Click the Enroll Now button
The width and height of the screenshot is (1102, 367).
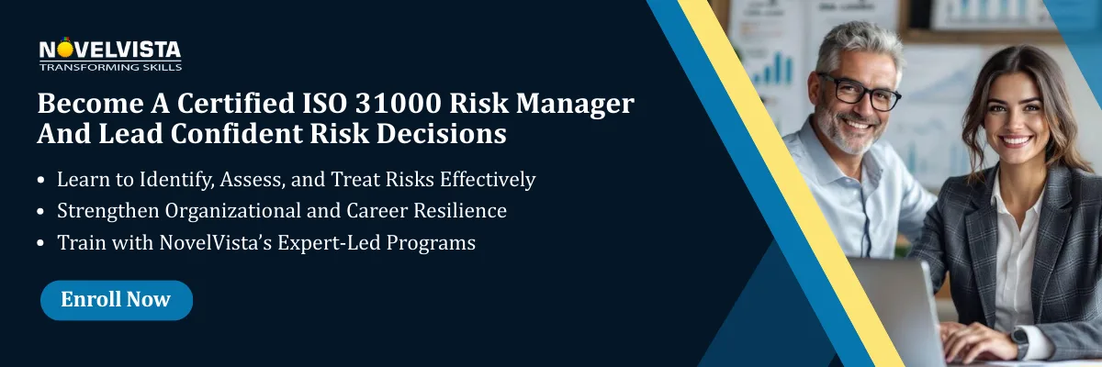pos(116,300)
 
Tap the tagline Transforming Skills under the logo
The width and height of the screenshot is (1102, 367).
pos(110,66)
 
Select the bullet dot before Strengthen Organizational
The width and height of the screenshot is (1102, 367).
pos(41,212)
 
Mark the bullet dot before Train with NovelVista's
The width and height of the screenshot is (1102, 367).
pos(41,245)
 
